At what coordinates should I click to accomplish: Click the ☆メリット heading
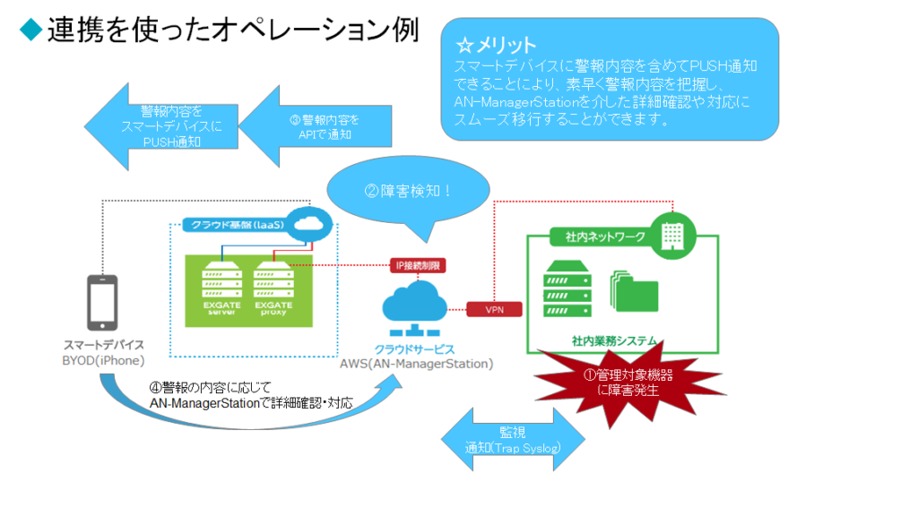tap(496, 45)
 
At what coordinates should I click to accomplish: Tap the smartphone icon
tap(102, 302)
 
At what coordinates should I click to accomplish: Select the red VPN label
tap(494, 309)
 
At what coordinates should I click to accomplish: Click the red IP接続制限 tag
tap(418, 265)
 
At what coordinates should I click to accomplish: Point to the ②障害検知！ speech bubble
tap(409, 190)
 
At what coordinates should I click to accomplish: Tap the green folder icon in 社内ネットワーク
tap(634, 288)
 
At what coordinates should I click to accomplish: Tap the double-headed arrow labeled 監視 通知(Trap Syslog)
tap(514, 439)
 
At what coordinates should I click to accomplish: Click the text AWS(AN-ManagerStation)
tap(417, 365)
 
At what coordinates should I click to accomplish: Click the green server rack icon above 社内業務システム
tap(567, 288)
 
